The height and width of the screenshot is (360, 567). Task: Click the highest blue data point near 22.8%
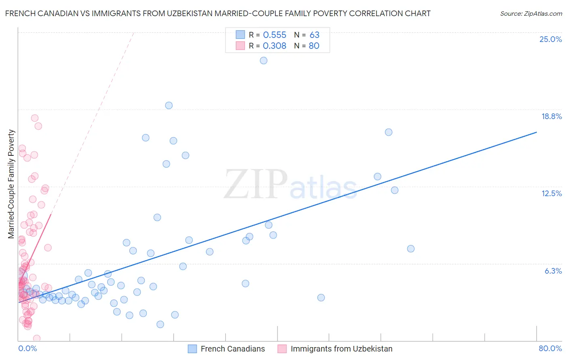point(263,61)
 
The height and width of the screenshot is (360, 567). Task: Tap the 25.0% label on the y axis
point(550,39)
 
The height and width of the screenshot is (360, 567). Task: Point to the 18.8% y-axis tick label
point(551,116)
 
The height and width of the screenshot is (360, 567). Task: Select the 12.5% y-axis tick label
point(551,193)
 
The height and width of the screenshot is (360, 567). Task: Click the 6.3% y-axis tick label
point(553,271)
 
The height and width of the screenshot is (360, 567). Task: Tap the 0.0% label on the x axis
point(27,348)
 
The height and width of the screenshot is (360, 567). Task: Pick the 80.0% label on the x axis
point(550,348)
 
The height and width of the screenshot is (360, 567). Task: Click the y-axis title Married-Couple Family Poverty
point(11,184)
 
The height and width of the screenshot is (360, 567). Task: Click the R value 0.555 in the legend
point(275,35)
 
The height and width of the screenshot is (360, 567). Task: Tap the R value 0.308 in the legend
point(275,46)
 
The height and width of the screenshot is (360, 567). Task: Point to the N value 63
point(315,35)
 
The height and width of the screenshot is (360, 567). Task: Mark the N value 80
point(314,46)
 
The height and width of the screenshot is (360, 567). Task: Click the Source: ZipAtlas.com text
point(531,14)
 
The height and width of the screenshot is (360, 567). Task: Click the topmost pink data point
point(35,118)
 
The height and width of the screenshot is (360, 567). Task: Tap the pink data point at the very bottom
point(37,338)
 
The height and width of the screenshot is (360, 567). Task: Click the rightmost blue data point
point(411,249)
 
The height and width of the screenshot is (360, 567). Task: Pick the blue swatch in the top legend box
point(240,35)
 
